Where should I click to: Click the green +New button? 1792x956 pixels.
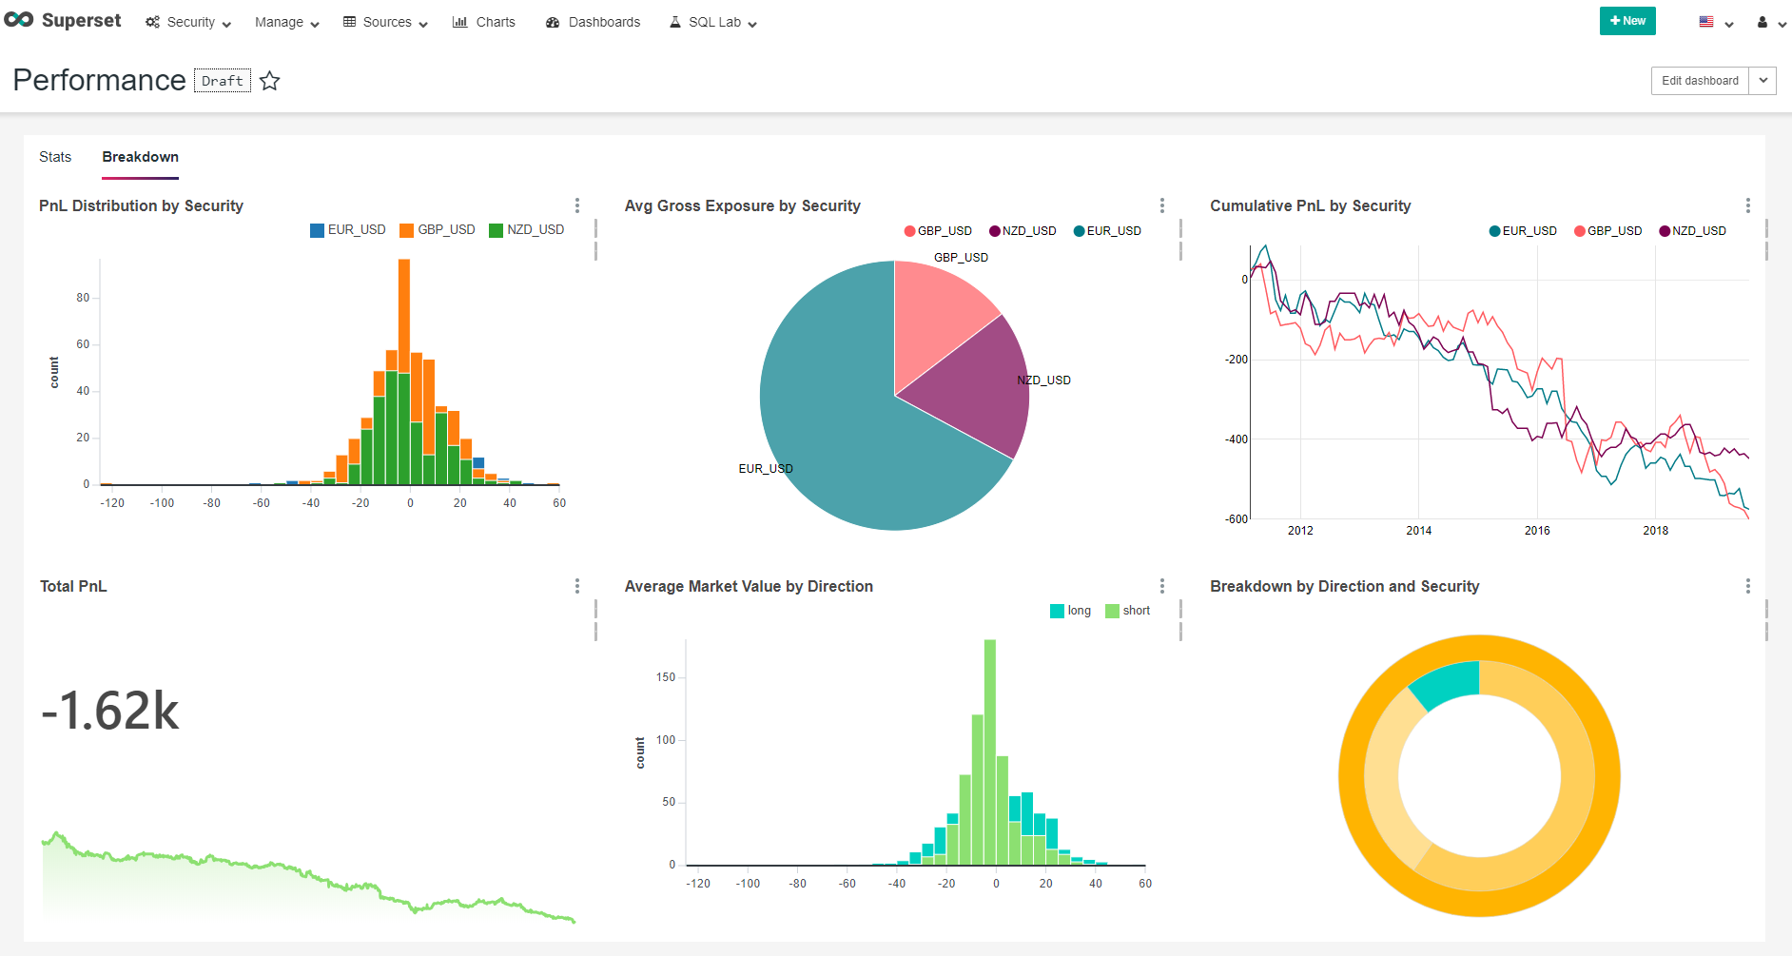pyautogui.click(x=1626, y=21)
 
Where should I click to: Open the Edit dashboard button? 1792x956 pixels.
pyautogui.click(x=1699, y=81)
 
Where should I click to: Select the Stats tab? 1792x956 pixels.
pyautogui.click(x=55, y=157)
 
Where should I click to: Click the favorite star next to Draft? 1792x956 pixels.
pyautogui.click(x=270, y=81)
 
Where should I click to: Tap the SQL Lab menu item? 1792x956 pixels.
pyautogui.click(x=713, y=22)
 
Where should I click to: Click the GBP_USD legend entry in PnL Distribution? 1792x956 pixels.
pyautogui.click(x=438, y=230)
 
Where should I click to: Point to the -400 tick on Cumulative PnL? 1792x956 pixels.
pyautogui.click(x=1236, y=439)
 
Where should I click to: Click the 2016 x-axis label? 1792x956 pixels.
pyautogui.click(x=1536, y=531)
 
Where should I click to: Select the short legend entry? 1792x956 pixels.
pyautogui.click(x=1128, y=611)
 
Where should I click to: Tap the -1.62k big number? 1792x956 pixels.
pyautogui.click(x=110, y=711)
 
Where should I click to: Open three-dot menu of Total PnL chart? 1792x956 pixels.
pyautogui.click(x=576, y=586)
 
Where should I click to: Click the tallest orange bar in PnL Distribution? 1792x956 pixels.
pyautogui.click(x=404, y=304)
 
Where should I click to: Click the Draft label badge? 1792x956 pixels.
pyautogui.click(x=223, y=81)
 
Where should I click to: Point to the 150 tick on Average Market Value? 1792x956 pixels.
pyautogui.click(x=666, y=677)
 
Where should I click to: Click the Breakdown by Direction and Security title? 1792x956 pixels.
pyautogui.click(x=1344, y=586)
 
